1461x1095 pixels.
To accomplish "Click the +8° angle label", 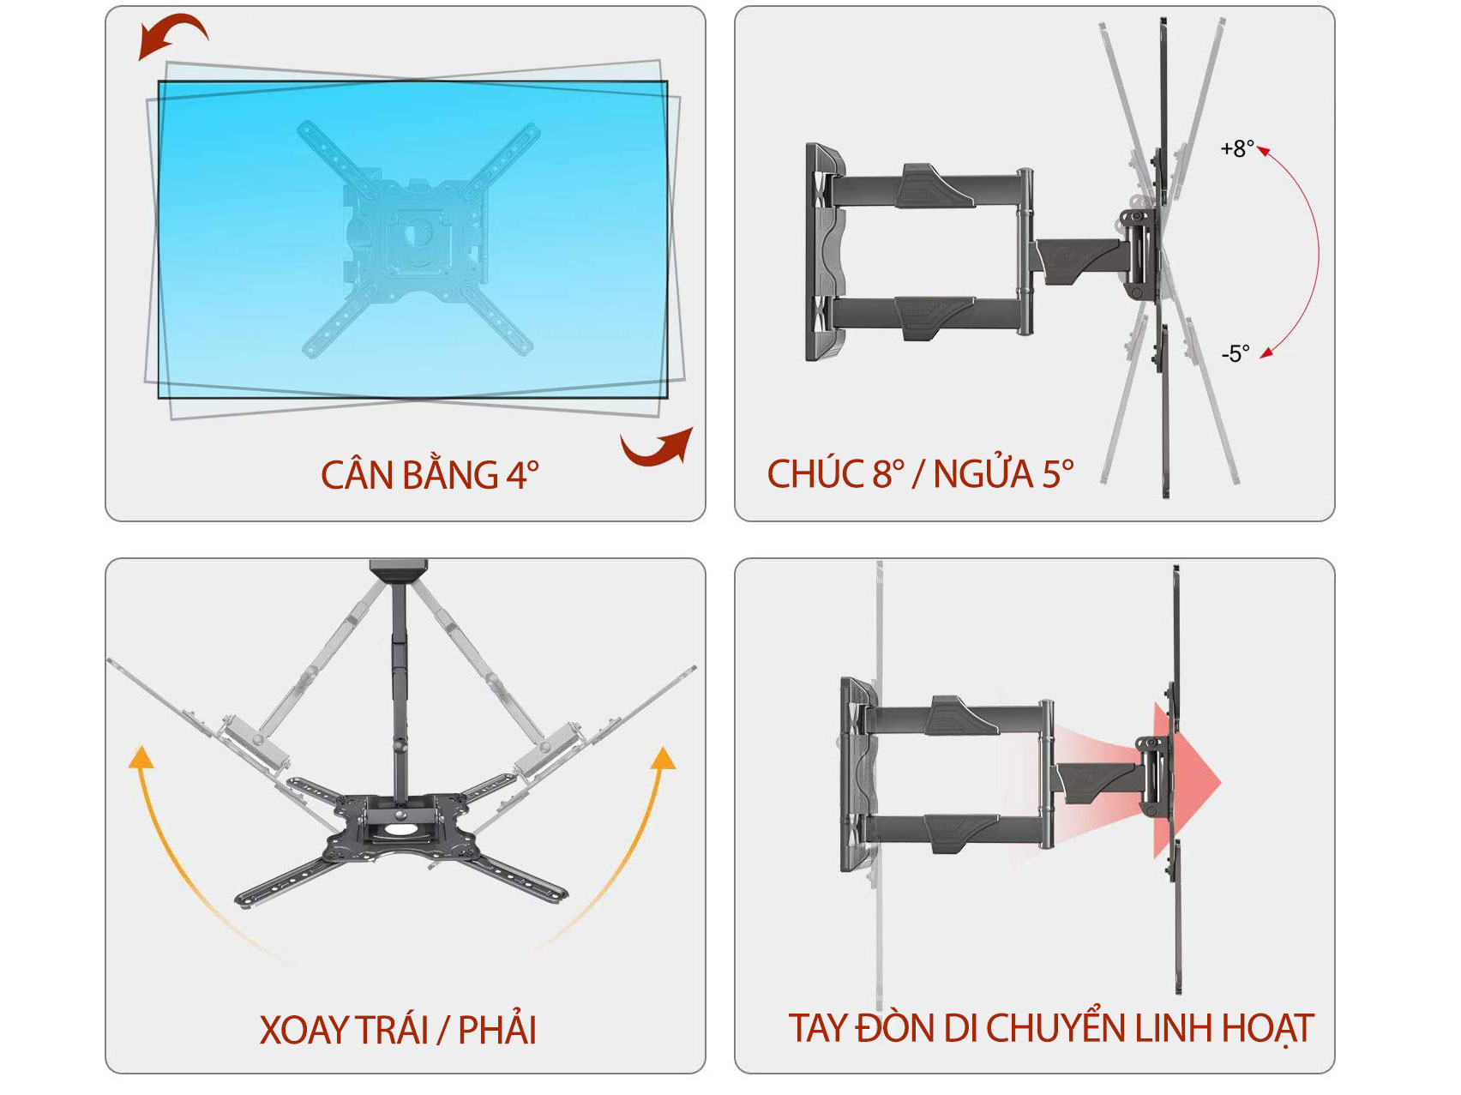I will click(x=1236, y=148).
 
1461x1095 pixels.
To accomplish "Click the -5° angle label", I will click(x=1235, y=353).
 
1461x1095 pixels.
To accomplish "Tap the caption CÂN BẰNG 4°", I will click(x=430, y=475).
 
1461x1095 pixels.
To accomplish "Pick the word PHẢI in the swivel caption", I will click(x=497, y=1030).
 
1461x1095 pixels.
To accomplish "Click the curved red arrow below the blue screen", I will click(x=658, y=448).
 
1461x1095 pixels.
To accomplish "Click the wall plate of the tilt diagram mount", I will click(x=823, y=253).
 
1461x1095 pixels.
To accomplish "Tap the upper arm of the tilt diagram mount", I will click(x=935, y=186).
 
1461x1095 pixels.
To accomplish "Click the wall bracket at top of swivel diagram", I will click(x=399, y=570).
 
